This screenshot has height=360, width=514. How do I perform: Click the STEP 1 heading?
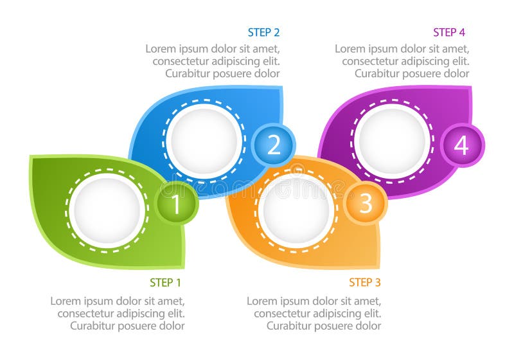point(165,283)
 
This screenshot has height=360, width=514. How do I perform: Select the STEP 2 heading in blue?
point(263,32)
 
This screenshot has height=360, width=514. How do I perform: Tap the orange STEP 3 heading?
point(364,282)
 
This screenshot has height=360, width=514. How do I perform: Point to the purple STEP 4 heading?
point(448,32)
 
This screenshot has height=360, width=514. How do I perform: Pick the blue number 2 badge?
point(274,145)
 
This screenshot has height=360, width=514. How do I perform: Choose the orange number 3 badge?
point(366,203)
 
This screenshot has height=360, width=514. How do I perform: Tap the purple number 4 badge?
point(462,145)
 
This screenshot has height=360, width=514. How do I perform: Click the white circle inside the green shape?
point(107,209)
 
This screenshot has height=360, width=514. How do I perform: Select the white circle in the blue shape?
point(204,140)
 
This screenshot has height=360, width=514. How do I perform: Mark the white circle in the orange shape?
point(296,210)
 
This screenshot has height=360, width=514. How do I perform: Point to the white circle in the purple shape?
point(393,140)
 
